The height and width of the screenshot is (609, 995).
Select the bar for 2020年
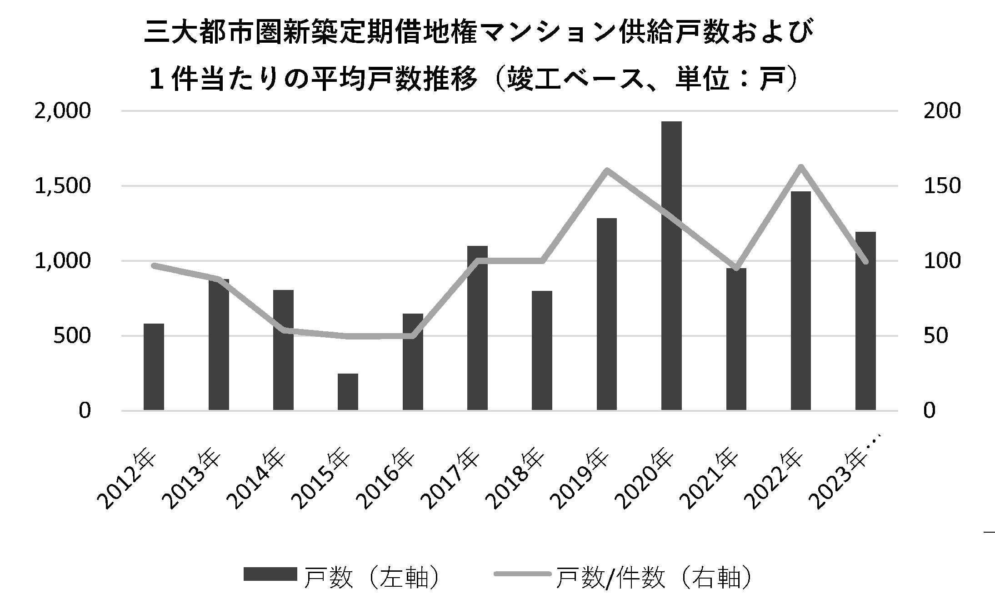(671, 266)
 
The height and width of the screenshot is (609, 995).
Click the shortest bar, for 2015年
(348, 392)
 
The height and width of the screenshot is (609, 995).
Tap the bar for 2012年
(154, 367)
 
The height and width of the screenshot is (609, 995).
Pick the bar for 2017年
(477, 328)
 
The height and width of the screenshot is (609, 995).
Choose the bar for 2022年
(801, 301)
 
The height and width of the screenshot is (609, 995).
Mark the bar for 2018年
(542, 351)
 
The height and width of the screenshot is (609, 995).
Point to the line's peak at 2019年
(607, 170)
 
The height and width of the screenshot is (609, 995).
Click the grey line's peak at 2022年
(801, 166)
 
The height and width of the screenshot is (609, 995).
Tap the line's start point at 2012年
(154, 265)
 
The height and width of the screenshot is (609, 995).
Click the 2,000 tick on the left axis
(63, 111)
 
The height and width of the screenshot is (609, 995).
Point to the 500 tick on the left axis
(72, 336)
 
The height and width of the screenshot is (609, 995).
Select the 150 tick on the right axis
(942, 186)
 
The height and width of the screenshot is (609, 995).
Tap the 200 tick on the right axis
(942, 111)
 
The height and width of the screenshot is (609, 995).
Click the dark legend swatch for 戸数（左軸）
(270, 574)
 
